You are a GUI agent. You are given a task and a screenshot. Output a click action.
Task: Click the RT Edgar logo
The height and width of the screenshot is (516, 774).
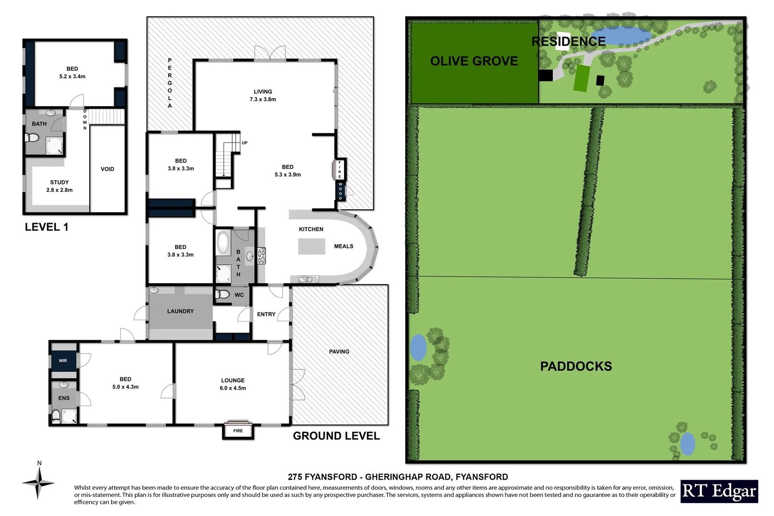pos(719,491)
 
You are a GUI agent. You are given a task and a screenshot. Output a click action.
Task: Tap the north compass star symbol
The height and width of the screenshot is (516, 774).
pos(38,483)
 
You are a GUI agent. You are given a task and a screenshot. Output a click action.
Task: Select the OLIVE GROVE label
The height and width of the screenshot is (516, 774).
pos(474,61)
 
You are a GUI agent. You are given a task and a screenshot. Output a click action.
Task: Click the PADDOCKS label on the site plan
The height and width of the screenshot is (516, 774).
pos(576,366)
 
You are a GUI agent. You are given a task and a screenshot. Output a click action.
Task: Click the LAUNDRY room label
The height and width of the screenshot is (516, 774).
pos(180,311)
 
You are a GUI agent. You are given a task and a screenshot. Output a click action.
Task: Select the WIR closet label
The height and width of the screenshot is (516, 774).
pos(63,361)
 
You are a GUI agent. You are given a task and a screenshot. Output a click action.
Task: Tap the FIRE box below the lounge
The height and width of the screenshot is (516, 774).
pos(238,431)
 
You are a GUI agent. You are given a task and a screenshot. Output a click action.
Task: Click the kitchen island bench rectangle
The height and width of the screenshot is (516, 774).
pos(312,246)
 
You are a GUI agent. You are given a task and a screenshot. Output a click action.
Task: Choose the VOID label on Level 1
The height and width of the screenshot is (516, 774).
pos(107,169)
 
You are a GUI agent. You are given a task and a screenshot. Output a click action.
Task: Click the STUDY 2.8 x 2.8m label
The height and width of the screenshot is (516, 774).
pos(60,186)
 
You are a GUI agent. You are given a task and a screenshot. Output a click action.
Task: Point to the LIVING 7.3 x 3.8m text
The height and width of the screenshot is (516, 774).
pos(263,96)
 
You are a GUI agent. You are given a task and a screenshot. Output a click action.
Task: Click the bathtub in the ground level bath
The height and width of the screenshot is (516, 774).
pos(223,242)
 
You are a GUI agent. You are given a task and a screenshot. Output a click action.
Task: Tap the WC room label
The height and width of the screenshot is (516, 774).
pos(239,295)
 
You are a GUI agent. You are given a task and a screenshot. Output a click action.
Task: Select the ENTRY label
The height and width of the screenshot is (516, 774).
pos(266,314)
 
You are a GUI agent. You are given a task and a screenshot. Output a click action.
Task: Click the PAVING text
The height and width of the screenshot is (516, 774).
pos(339,352)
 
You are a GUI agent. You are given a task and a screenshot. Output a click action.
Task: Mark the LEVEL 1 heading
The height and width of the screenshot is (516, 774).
pos(46,227)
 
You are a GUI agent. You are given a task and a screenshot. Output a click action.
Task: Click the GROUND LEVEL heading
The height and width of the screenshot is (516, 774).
pos(336,436)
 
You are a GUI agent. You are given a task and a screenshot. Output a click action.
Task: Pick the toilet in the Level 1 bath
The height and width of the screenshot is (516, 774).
pos(32,138)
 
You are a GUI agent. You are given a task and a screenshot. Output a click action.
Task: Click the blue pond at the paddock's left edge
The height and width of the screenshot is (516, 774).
pos(418,347)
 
